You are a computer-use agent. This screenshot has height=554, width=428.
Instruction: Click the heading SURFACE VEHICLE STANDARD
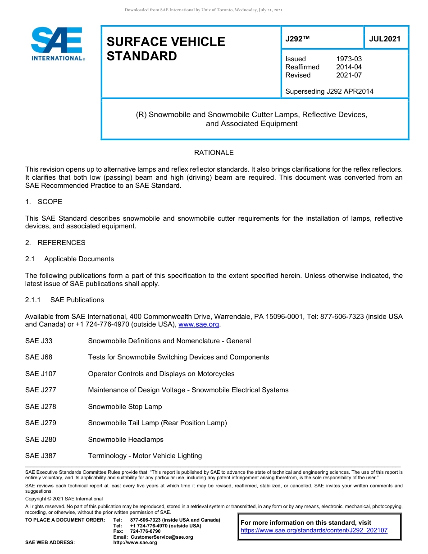(165, 49)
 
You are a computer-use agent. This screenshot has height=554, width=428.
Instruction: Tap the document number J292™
(297, 39)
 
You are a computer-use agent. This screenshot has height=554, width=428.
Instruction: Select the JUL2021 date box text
(384, 39)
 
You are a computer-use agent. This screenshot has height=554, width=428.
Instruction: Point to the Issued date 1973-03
(349, 59)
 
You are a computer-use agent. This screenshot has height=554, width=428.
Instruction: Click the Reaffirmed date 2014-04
(349, 67)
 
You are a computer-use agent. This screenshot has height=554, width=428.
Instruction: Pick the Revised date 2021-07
(349, 75)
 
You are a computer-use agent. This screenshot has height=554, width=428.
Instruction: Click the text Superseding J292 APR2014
(329, 91)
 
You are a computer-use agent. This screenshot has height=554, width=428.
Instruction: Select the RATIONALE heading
(214, 153)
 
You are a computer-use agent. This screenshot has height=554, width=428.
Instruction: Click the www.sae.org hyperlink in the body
(199, 324)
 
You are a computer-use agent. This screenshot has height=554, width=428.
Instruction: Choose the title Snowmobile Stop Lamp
(125, 407)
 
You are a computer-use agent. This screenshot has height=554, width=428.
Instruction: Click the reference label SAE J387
(41, 456)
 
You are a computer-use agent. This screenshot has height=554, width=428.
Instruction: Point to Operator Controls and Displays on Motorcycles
(161, 374)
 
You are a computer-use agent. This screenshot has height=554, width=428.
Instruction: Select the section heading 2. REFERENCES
(55, 243)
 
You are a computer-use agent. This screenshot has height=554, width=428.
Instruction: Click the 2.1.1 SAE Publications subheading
(64, 300)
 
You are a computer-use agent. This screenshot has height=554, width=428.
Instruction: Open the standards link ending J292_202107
(314, 531)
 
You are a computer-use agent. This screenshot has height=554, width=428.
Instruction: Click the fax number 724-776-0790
(145, 531)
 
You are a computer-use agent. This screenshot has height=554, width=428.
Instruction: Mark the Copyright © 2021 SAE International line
(64, 499)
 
